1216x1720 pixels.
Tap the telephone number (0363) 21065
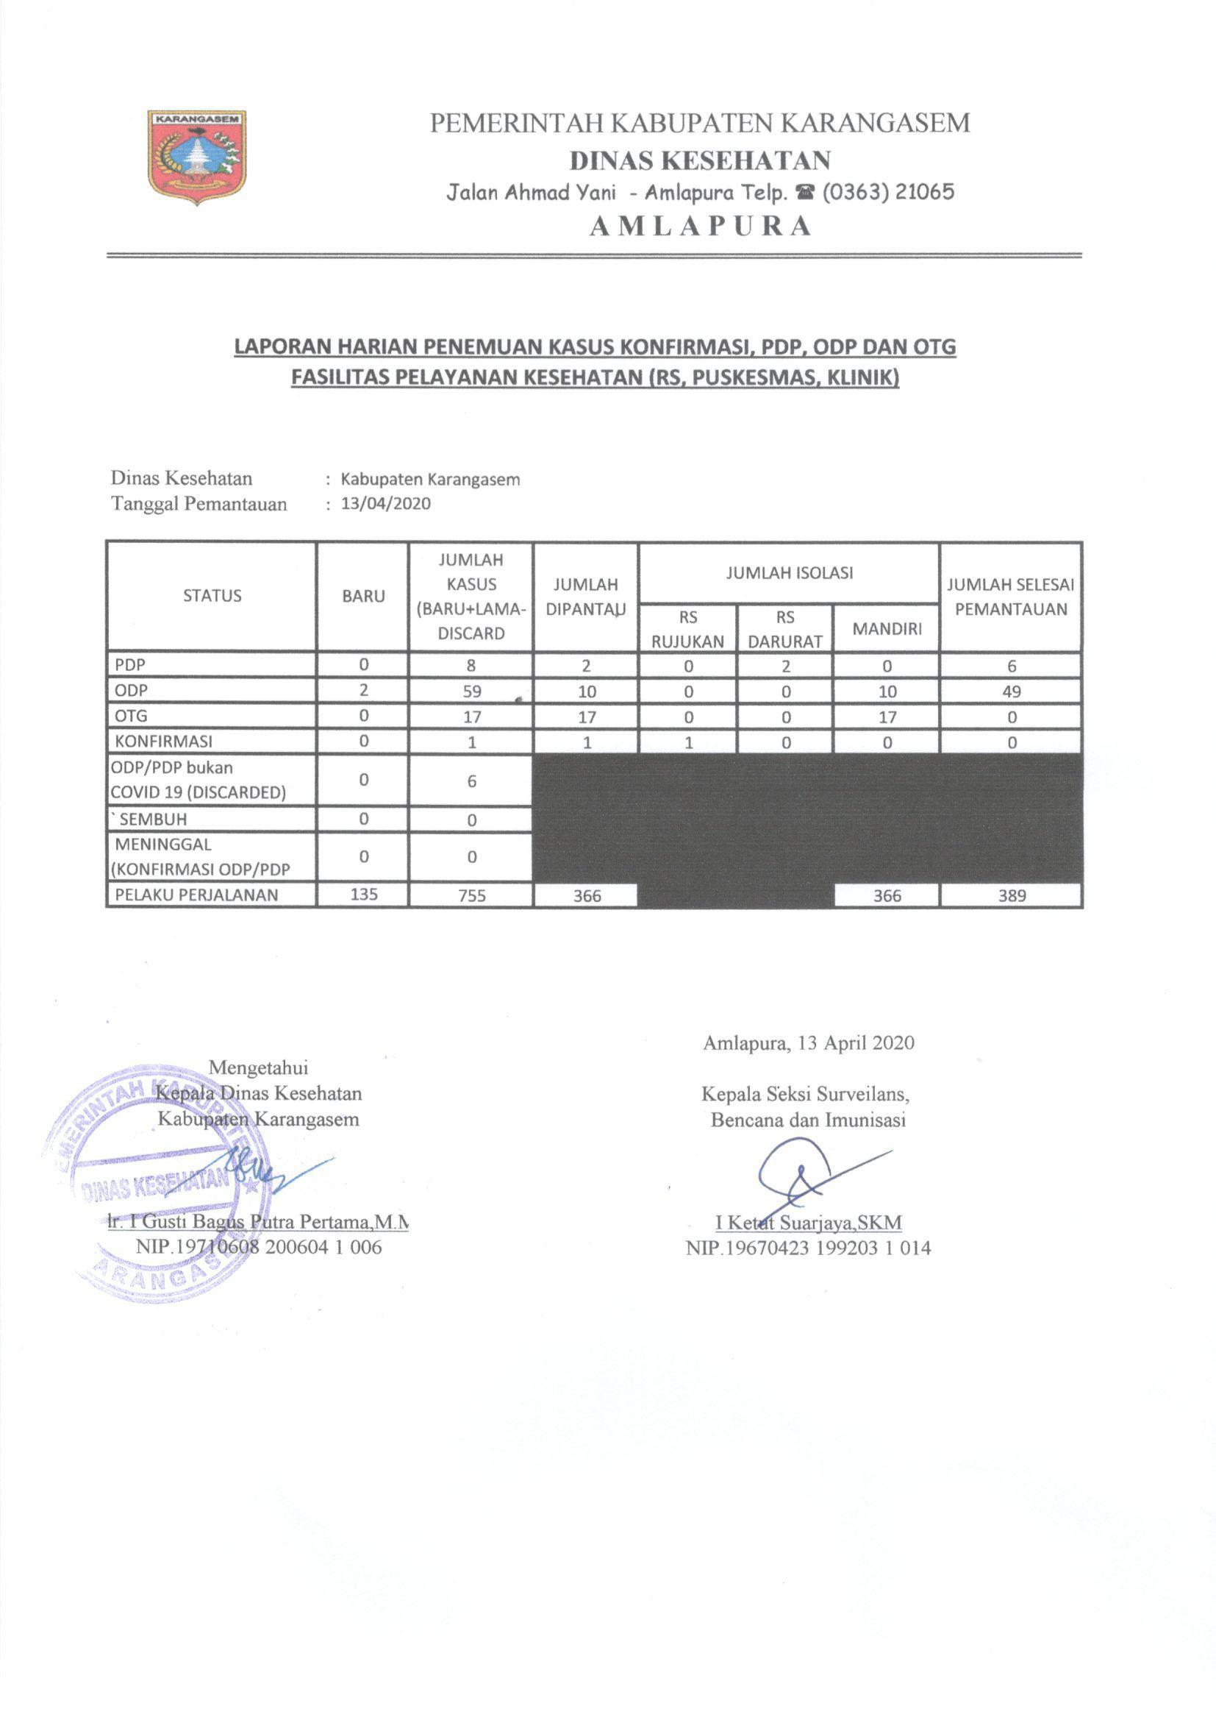click(x=888, y=193)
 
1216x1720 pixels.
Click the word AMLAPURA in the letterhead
click(x=700, y=226)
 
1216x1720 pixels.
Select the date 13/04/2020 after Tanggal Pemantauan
click(x=386, y=503)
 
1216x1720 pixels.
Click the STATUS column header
click(x=212, y=596)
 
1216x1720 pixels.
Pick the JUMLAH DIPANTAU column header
click(x=585, y=597)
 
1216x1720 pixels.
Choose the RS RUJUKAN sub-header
click(x=687, y=628)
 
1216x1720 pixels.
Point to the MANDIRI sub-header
click(x=887, y=628)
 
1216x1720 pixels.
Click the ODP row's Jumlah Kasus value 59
click(x=472, y=692)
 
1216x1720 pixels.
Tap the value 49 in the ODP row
click(x=1012, y=692)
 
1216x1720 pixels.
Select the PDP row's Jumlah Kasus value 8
click(x=472, y=666)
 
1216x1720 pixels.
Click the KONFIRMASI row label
click(x=163, y=742)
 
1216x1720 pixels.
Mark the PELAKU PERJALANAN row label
click(x=196, y=895)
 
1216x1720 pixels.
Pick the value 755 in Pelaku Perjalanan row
click(x=472, y=895)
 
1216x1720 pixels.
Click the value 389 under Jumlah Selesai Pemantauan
click(x=1012, y=895)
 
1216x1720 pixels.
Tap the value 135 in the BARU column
click(x=363, y=895)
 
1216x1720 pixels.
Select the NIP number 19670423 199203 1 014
click(x=809, y=1248)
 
